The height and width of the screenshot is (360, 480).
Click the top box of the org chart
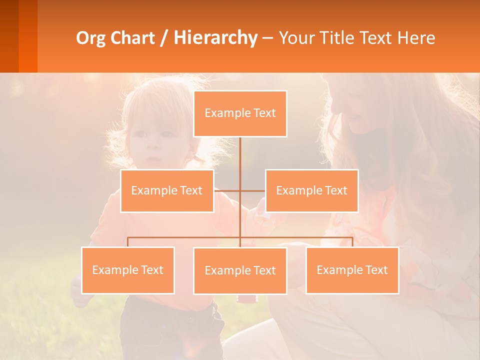240,113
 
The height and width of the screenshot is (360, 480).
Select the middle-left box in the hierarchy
167,190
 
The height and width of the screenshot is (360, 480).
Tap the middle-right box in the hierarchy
311,190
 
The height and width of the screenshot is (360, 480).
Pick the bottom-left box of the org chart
128,270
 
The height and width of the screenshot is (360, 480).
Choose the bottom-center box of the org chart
240,270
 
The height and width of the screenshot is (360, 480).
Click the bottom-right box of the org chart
352,270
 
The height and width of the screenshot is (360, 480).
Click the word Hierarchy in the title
215,38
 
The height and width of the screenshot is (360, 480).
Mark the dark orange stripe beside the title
27,36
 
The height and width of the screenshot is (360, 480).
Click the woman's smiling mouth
356,118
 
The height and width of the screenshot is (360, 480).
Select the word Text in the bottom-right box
376,270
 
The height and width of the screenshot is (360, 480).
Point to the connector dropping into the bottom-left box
128,242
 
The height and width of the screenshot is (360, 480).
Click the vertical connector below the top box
240,155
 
